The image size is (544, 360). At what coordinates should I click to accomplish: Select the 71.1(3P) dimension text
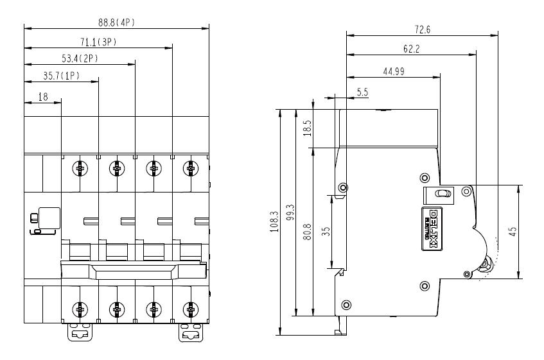[x=98, y=42]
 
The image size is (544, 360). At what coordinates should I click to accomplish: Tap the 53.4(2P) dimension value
[x=80, y=59]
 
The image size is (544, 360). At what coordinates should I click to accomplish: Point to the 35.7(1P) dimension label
[x=61, y=76]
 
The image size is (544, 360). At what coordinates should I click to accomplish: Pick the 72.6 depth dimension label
[x=423, y=28]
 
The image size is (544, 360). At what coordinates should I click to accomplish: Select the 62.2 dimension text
[x=412, y=48]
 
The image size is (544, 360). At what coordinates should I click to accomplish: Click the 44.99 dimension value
[x=393, y=71]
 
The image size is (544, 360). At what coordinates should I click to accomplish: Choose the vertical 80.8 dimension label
[x=308, y=231]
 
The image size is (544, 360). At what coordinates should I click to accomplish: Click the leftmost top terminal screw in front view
[x=80, y=168]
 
